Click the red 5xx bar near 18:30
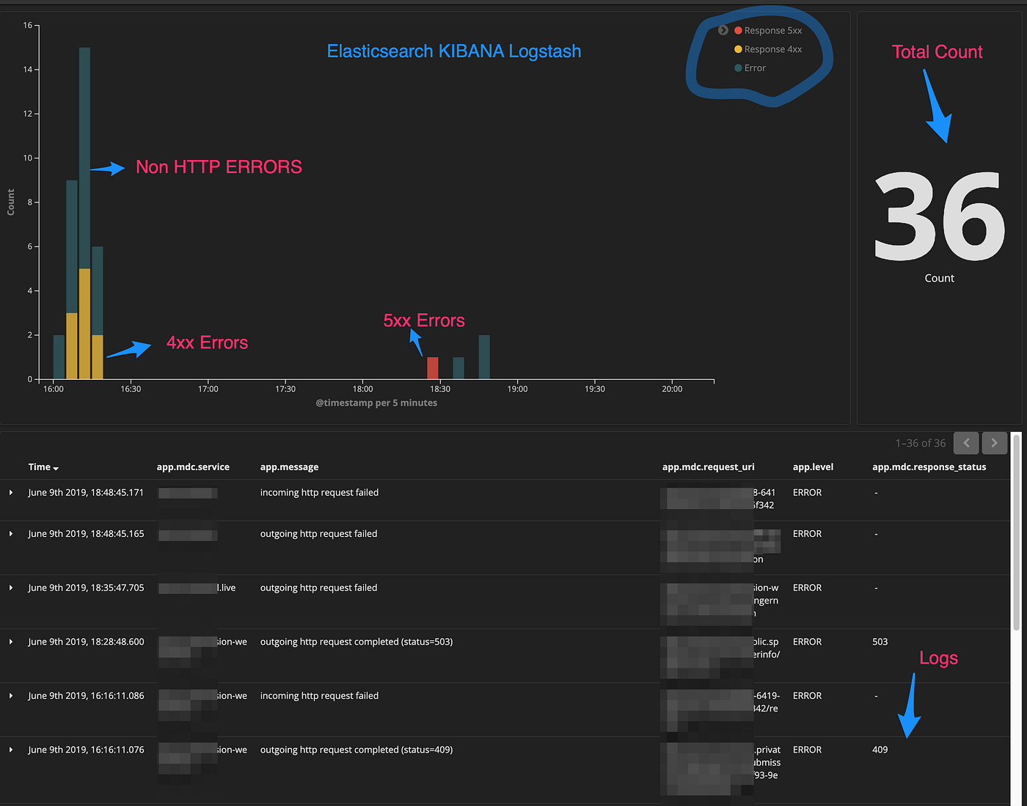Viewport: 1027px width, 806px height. pos(433,368)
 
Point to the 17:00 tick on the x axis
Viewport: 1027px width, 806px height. pos(208,389)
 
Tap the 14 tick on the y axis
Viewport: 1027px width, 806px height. pos(28,70)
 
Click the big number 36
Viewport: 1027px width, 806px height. pos(939,217)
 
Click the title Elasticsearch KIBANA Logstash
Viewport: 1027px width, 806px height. pos(454,51)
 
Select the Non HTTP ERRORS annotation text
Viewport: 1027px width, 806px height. pos(219,167)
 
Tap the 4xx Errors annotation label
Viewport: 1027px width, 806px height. pos(207,342)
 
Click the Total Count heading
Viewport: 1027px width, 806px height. pos(937,52)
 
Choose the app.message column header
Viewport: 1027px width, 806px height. pos(289,467)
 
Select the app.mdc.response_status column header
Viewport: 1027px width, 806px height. pos(929,467)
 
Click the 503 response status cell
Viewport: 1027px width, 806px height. pos(880,642)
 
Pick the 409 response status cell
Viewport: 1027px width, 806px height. pos(880,750)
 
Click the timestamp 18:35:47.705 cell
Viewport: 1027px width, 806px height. pos(86,587)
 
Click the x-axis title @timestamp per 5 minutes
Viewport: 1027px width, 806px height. pos(376,403)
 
